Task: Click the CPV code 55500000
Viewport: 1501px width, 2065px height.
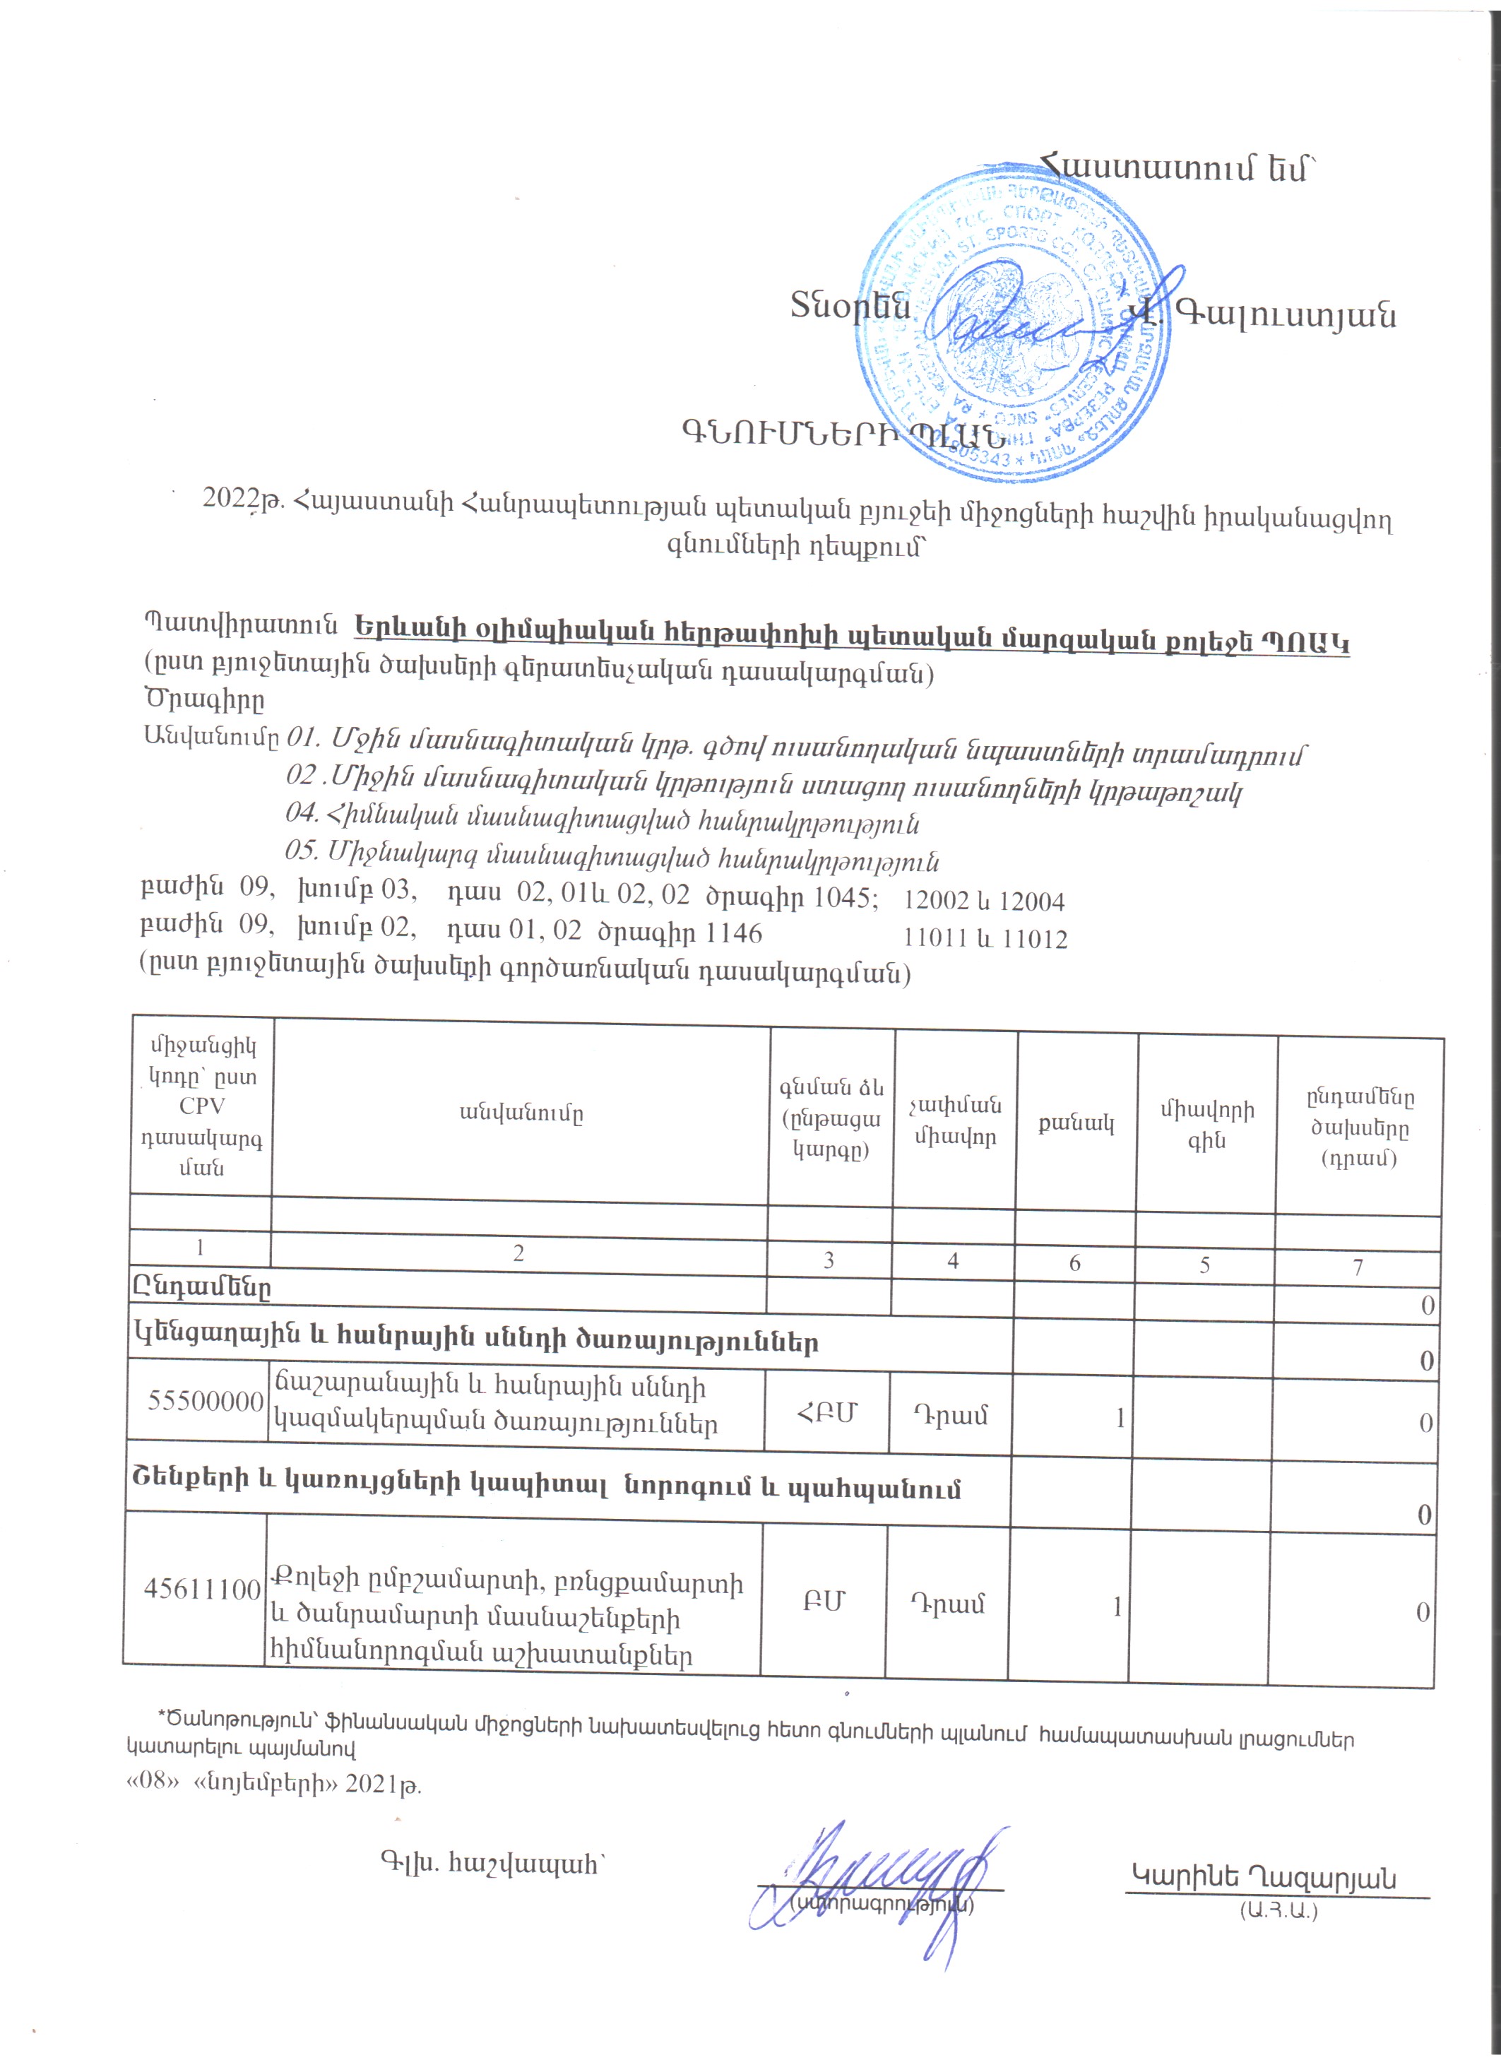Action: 205,1400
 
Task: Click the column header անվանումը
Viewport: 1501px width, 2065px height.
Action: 521,1113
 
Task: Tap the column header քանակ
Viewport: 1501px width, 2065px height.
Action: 1076,1123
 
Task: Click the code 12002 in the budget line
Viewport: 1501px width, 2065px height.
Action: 936,901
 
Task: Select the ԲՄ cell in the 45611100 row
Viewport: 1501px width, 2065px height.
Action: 824,1602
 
